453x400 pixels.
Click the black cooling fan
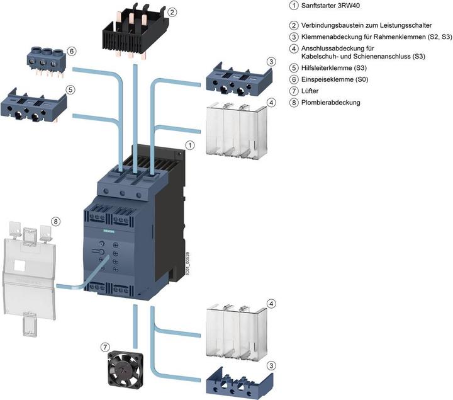pyautogui.click(x=123, y=367)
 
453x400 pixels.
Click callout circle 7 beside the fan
pyautogui.click(x=106, y=346)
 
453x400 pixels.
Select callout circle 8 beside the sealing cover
pyautogui.click(x=56, y=221)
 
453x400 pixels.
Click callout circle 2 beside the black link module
pyautogui.click(x=172, y=11)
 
